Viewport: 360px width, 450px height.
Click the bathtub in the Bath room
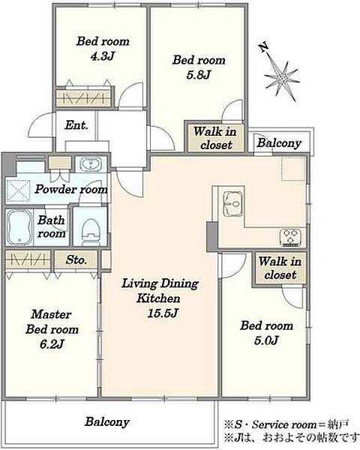19,227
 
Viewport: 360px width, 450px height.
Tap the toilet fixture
90,232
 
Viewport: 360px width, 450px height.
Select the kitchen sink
233,204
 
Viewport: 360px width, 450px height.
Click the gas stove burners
290,237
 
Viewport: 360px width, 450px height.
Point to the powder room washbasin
91,165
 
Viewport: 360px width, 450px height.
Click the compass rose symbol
282,77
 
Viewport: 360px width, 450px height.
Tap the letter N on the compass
264,46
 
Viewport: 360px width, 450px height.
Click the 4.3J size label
102,56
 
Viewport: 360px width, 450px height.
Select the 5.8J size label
199,75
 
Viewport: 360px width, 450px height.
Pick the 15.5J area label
163,313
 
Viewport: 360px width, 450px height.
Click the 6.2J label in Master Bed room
52,343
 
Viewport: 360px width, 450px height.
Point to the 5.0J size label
266,340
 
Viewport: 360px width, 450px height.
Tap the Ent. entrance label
76,125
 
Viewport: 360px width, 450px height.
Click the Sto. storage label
76,260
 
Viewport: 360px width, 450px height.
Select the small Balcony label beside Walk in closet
279,143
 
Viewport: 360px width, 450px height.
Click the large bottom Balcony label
107,421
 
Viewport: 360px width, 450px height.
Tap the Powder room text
71,190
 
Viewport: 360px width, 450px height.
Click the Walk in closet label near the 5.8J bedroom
215,138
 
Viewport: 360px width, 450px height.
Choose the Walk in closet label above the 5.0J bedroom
280,268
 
